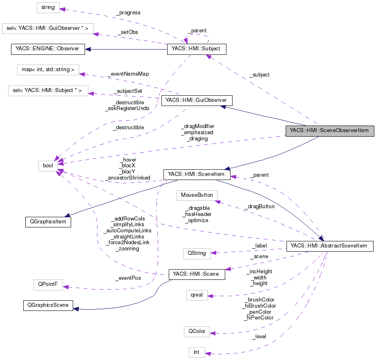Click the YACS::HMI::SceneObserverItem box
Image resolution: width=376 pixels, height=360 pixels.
[329, 131]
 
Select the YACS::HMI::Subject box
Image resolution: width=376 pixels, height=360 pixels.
[197, 49]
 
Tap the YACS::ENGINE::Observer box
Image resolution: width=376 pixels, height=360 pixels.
[47, 49]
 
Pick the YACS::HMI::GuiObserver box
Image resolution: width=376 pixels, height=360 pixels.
[197, 101]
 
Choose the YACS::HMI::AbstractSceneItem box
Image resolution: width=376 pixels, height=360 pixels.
[330, 246]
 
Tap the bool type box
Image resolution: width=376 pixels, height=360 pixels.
[48, 166]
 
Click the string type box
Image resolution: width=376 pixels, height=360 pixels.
[48, 7]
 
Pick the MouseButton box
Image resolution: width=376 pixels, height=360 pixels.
[197, 195]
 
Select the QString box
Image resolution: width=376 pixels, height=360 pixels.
[197, 253]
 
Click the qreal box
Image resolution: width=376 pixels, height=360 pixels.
[197, 295]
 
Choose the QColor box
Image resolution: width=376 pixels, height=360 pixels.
[197, 331]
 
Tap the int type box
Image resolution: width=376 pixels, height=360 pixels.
[197, 352]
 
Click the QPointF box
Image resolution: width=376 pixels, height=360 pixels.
[48, 285]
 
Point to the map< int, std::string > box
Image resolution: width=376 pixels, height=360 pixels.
[48, 70]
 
